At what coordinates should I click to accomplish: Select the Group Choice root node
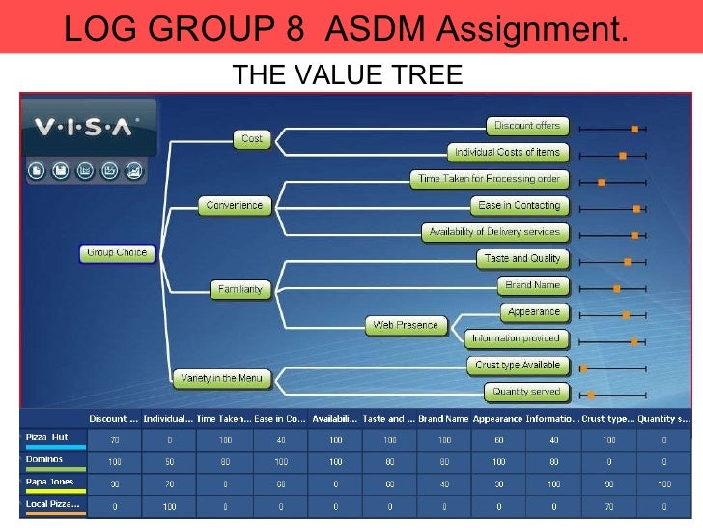click(117, 253)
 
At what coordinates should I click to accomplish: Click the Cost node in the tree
click(251, 139)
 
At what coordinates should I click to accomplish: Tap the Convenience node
click(234, 205)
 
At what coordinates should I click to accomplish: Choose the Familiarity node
click(239, 289)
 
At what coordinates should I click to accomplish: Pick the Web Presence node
click(406, 326)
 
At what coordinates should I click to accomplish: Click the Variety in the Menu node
click(223, 378)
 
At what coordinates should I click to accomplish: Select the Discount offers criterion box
click(526, 126)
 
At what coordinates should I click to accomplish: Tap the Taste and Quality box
click(522, 259)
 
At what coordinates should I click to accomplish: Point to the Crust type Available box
click(518, 366)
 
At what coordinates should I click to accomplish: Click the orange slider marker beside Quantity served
click(591, 394)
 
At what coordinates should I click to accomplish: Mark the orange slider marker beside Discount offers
click(634, 129)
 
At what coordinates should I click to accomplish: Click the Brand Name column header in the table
click(443, 419)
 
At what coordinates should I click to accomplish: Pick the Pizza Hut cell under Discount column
click(115, 440)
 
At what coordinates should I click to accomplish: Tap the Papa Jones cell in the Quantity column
click(663, 484)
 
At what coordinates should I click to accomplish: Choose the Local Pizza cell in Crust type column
click(608, 506)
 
